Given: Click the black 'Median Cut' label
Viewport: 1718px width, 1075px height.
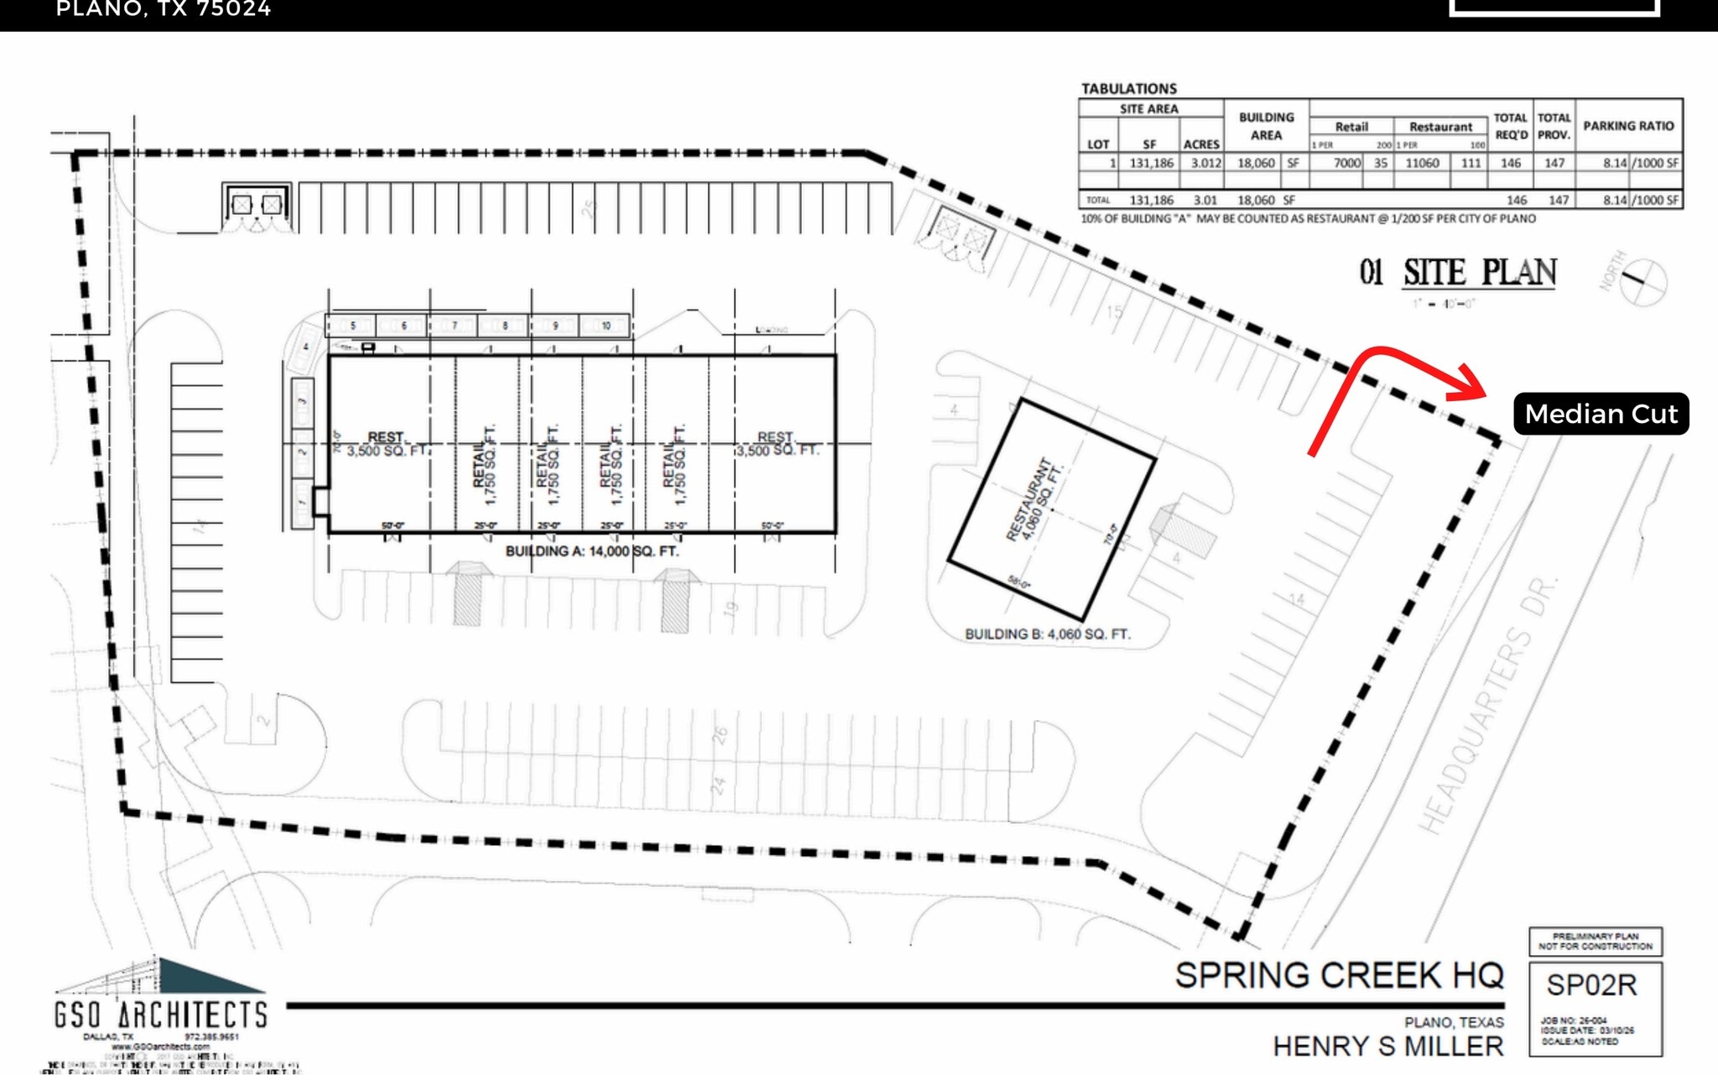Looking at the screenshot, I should tap(1601, 414).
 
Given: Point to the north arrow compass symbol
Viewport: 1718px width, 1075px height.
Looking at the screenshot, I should tap(1642, 281).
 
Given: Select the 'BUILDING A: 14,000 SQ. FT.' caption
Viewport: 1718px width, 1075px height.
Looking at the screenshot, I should tap(591, 551).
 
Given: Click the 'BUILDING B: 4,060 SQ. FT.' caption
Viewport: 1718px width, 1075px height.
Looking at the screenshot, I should tap(1047, 634).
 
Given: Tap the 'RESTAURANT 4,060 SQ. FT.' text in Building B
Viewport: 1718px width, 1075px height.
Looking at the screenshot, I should tap(1034, 500).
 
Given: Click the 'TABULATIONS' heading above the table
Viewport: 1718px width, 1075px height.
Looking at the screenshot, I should tap(1128, 89).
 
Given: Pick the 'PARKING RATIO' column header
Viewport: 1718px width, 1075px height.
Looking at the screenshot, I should tap(1627, 126).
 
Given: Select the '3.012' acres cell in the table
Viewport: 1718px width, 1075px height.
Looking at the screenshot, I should tap(1205, 163).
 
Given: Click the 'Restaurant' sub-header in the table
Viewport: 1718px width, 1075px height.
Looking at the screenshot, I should tap(1439, 127).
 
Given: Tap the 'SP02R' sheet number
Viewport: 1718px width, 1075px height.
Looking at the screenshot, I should tap(1591, 985).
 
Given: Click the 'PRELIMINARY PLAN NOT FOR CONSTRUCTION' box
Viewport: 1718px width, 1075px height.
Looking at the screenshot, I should tap(1595, 942).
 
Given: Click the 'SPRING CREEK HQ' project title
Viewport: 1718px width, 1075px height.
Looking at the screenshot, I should tap(1339, 975).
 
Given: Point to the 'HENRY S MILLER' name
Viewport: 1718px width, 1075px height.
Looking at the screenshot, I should tap(1387, 1046).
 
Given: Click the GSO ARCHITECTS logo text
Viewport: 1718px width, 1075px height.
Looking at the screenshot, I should tap(160, 1015).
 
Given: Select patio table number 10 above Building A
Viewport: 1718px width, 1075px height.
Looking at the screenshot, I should tap(606, 326).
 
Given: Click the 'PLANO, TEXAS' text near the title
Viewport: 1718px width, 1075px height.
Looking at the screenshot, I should tap(1454, 1022).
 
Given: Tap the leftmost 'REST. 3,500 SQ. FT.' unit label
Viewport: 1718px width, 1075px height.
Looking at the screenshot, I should tap(386, 444).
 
